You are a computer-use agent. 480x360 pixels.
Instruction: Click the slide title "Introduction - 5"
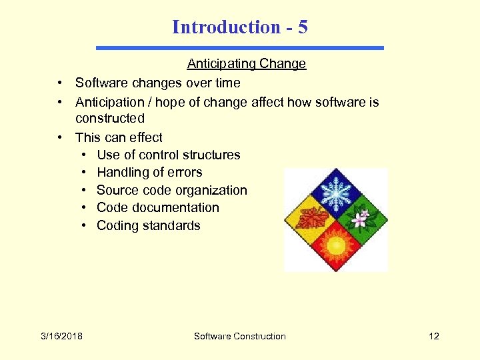pyautogui.click(x=239, y=27)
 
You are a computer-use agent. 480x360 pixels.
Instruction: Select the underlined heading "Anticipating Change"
pyautogui.click(x=246, y=64)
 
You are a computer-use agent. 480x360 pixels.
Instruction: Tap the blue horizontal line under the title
pyautogui.click(x=240, y=48)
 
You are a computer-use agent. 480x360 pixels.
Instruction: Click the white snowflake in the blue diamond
pyautogui.click(x=336, y=194)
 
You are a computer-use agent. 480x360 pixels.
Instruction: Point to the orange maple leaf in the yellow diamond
pyautogui.click(x=311, y=219)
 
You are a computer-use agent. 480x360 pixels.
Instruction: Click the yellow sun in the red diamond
pyautogui.click(x=336, y=245)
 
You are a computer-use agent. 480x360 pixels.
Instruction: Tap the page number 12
pyautogui.click(x=434, y=336)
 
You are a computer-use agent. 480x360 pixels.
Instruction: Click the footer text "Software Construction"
pyautogui.click(x=239, y=336)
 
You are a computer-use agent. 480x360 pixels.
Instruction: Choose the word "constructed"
pyautogui.click(x=109, y=119)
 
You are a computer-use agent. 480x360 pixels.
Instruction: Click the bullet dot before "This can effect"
pyautogui.click(x=60, y=137)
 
